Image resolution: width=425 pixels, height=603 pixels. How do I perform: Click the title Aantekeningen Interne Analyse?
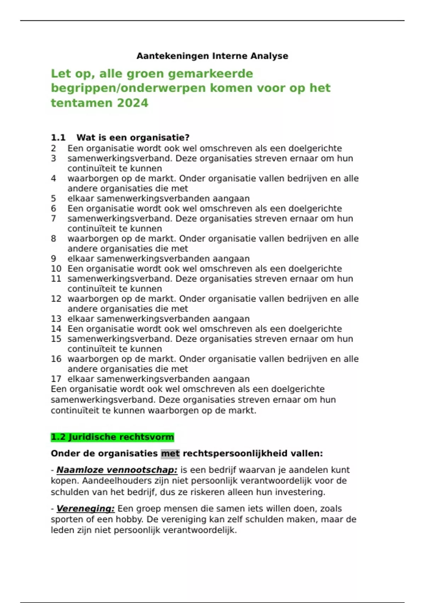pyautogui.click(x=212, y=56)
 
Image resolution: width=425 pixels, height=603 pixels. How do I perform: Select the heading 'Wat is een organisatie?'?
pyautogui.click(x=133, y=138)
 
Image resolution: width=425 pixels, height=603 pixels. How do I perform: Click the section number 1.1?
pyautogui.click(x=58, y=138)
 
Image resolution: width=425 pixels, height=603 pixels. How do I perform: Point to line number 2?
pyautogui.click(x=53, y=148)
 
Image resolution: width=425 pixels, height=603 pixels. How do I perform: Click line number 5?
pyautogui.click(x=53, y=198)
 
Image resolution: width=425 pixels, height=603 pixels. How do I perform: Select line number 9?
pyautogui.click(x=53, y=259)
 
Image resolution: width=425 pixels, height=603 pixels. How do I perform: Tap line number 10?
pyautogui.click(x=56, y=269)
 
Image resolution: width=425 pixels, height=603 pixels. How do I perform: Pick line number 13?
pyautogui.click(x=56, y=319)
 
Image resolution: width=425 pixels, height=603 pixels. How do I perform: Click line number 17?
pyautogui.click(x=56, y=379)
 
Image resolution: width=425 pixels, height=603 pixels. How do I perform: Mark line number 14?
pyautogui.click(x=56, y=329)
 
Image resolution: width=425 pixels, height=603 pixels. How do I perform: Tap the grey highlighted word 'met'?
pyautogui.click(x=170, y=454)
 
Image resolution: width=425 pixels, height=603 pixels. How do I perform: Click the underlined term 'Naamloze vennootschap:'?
pyautogui.click(x=117, y=470)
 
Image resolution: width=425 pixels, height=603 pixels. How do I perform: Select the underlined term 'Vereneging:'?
pyautogui.click(x=85, y=509)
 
